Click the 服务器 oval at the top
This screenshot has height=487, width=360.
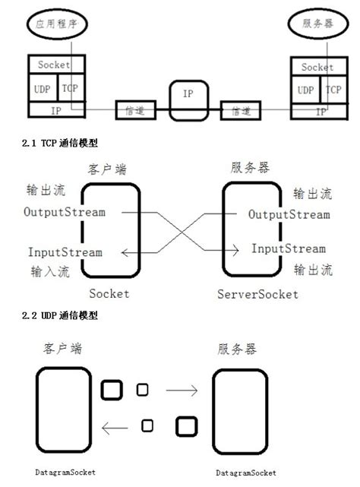317,24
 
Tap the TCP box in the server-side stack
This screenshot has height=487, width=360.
333,90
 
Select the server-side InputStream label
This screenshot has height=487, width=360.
289,249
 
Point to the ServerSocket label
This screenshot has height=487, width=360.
257,294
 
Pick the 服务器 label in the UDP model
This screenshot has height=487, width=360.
237,349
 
